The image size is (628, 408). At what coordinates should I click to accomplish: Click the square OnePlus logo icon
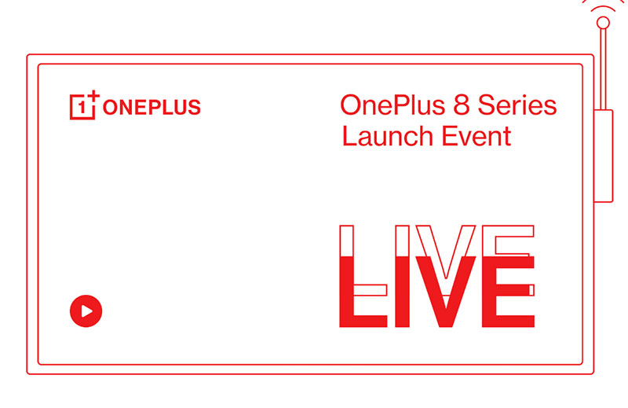[82, 106]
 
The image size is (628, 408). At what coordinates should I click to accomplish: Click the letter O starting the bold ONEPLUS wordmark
[111, 107]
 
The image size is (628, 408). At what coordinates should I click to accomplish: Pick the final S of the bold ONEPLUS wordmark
[194, 107]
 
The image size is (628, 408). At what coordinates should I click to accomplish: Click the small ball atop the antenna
[603, 24]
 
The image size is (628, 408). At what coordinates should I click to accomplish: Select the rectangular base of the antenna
[603, 156]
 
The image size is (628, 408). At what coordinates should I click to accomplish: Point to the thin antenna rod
[603, 71]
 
